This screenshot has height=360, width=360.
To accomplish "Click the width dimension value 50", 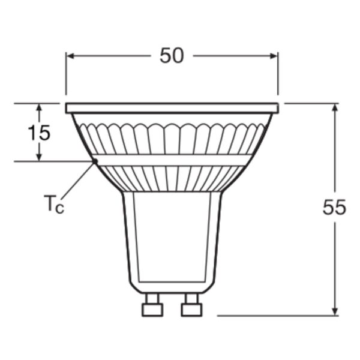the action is (172, 56).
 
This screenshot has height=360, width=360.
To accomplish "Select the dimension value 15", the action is (39, 133).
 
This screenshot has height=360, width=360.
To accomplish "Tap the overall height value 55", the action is (334, 207).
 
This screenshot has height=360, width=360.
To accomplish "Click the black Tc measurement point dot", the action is (95, 161).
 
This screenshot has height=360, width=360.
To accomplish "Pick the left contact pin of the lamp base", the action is (152, 305).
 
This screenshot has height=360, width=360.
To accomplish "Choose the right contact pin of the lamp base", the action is (192, 305).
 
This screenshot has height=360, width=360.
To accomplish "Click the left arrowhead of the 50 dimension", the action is (70, 56).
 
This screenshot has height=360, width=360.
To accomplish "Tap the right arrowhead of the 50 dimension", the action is (274, 56).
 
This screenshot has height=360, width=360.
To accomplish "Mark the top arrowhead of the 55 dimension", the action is (335, 107).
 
